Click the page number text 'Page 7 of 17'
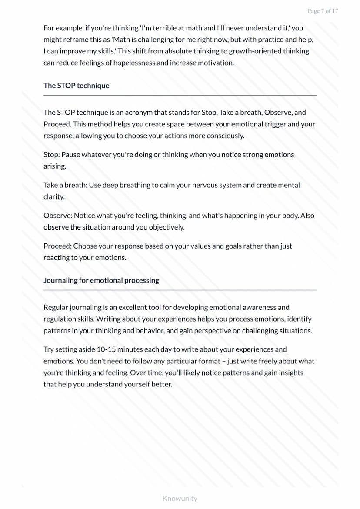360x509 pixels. (x=323, y=11)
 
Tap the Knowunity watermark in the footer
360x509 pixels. (x=180, y=498)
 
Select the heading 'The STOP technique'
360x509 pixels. (x=76, y=86)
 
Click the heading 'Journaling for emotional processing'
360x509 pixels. (x=101, y=280)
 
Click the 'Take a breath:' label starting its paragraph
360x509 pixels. (x=65, y=185)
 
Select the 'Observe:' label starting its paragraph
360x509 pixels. (x=58, y=216)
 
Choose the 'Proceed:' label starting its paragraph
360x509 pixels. (x=57, y=246)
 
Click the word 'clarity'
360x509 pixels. (x=53, y=196)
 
